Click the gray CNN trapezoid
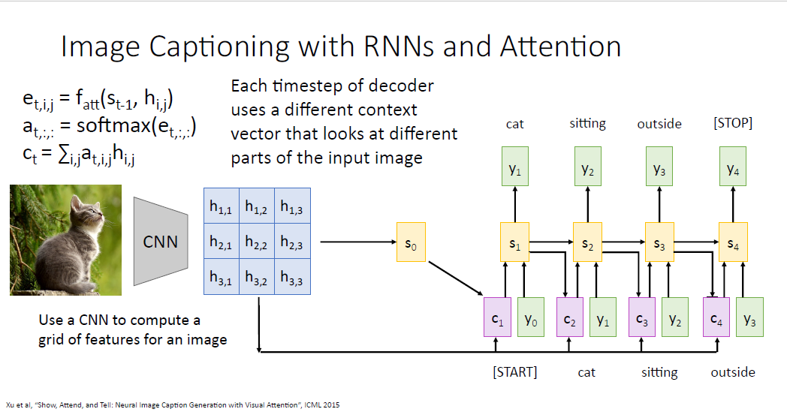[160, 242]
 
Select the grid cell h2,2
[258, 242]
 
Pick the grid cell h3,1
[222, 277]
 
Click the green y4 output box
[733, 170]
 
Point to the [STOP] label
[732, 123]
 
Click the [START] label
[514, 372]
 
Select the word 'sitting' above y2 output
[587, 123]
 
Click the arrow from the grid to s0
[357, 242]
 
